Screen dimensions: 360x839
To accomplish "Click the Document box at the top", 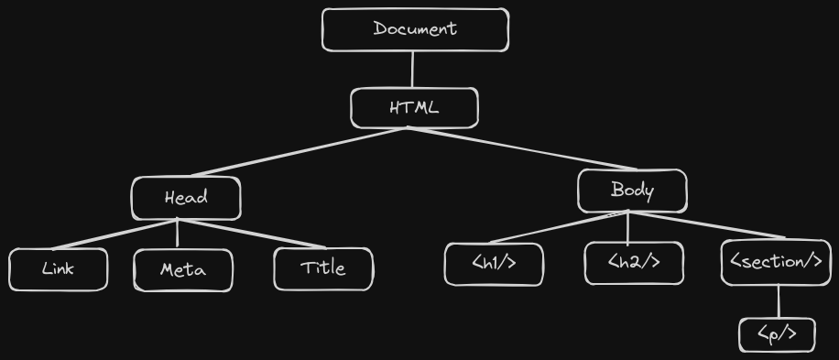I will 415,29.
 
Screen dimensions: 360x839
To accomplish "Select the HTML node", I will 414,108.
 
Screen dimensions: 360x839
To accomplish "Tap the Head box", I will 186,198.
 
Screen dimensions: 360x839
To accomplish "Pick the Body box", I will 632,191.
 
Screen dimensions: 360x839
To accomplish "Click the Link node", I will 59,269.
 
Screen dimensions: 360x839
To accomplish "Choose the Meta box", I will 183,270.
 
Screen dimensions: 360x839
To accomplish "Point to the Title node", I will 323,269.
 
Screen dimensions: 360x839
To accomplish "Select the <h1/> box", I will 494,265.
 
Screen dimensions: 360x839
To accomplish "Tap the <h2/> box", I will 634,264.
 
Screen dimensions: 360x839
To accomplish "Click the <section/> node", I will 776,263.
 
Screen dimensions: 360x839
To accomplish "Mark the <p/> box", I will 777,335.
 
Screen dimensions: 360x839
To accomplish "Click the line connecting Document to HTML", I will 413,70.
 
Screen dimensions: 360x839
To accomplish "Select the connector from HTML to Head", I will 293,152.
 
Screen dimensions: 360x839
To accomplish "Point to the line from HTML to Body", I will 522,149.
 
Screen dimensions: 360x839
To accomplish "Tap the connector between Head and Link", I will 119,235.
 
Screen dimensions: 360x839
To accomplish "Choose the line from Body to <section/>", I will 705,225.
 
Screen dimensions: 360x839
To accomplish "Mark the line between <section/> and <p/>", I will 779,302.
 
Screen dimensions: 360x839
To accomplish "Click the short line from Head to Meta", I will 178,235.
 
